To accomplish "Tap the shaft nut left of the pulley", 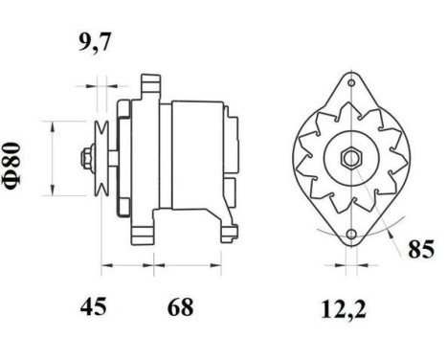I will tap(87, 157).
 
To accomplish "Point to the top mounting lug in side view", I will tap(149, 84).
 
